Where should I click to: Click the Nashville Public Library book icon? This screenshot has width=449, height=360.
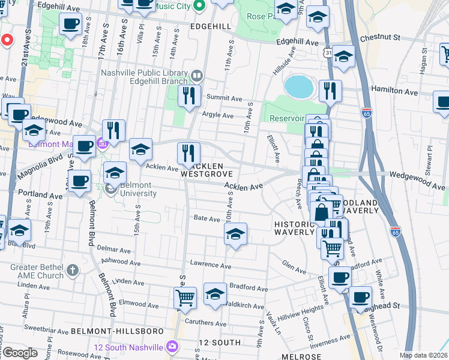pos(196,76)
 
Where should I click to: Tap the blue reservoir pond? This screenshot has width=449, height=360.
pos(298,87)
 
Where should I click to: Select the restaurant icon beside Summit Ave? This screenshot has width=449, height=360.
pos(189,95)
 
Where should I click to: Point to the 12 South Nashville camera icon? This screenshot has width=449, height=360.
pos(173,347)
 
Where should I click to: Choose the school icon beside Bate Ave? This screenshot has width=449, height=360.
pos(236,234)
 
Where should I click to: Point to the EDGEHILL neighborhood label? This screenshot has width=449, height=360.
pos(210,27)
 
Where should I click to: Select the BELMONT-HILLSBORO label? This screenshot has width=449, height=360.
pos(117,331)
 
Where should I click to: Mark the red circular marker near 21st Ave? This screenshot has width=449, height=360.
pos(7,40)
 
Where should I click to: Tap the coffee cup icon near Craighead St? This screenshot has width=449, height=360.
pos(361,297)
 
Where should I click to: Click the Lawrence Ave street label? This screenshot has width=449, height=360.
pos(210,265)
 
